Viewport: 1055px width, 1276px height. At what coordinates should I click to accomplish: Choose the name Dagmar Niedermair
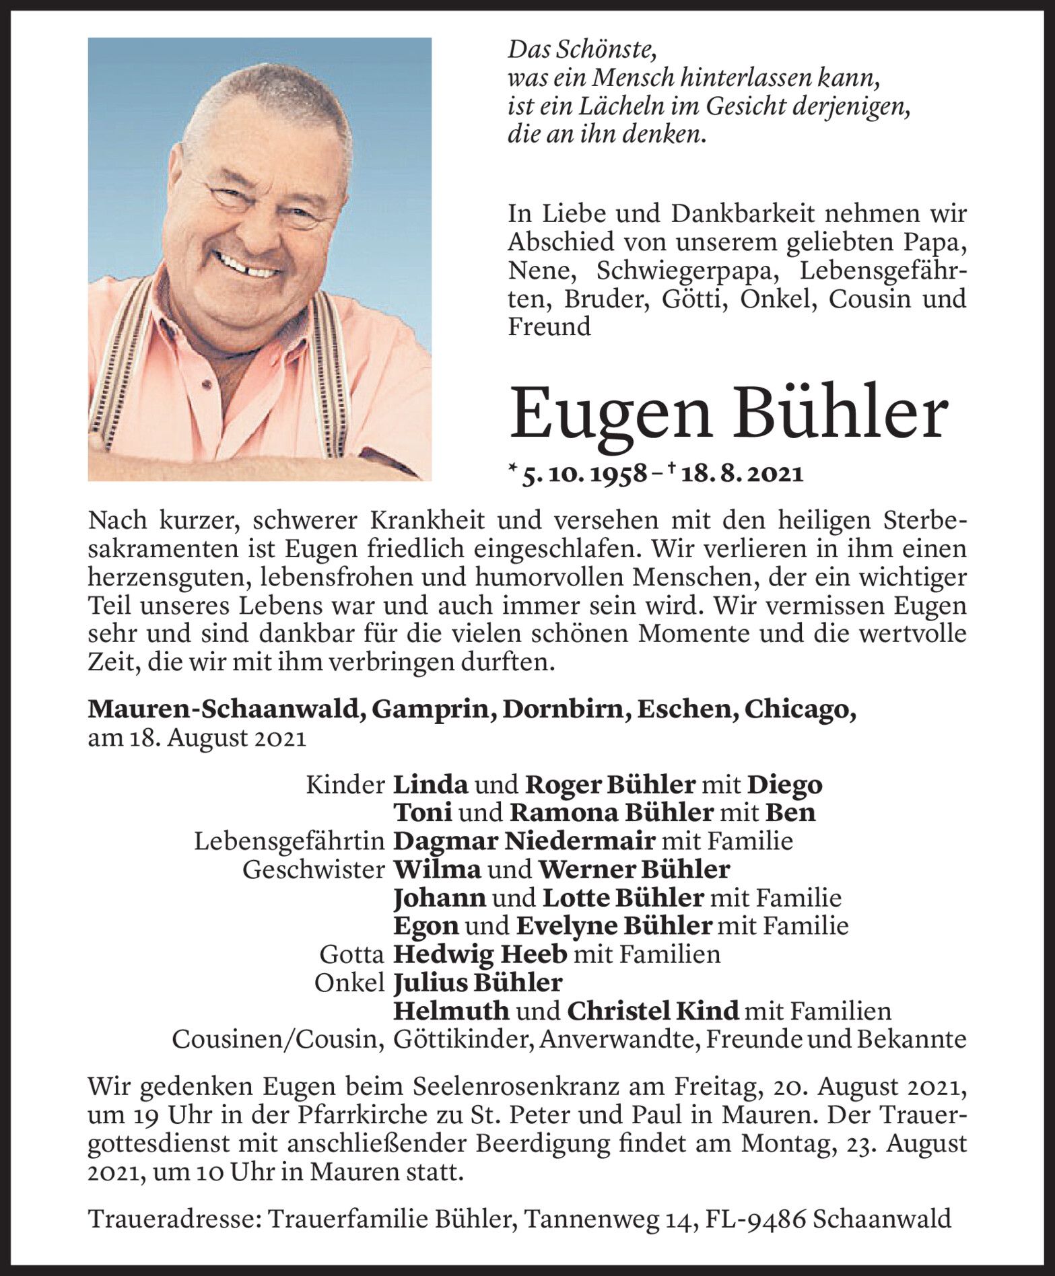click(x=524, y=841)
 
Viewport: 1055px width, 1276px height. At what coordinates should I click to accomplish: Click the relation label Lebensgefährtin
click(x=290, y=841)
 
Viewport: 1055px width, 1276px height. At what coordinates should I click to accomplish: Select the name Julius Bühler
click(x=477, y=983)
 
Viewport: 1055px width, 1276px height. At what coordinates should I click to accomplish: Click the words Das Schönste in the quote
click(x=582, y=49)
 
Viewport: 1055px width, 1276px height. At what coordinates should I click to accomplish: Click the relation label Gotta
click(x=352, y=954)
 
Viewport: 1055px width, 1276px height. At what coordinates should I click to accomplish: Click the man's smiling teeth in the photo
click(x=248, y=268)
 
